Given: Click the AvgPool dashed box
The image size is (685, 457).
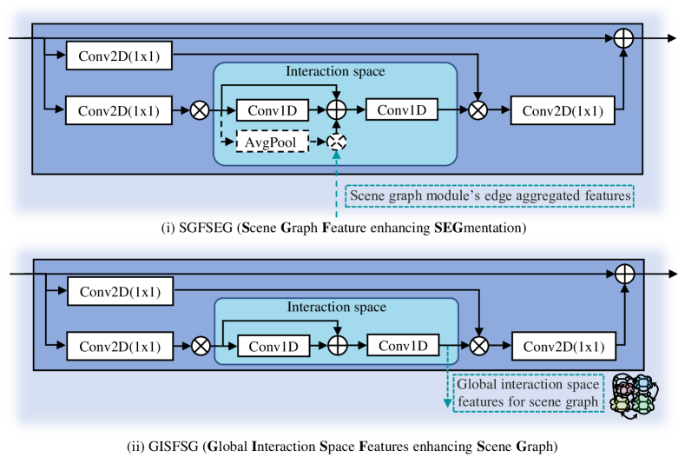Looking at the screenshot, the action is click(x=272, y=142).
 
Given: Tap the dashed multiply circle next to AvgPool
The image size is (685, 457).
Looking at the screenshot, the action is click(x=336, y=142).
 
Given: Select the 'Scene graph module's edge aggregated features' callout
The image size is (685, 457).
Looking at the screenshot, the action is click(x=490, y=195).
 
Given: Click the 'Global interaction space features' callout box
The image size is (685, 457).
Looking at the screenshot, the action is click(x=529, y=393).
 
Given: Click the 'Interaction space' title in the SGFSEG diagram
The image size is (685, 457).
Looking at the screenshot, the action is click(x=335, y=71).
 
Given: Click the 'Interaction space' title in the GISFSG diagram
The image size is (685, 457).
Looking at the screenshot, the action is click(x=336, y=307).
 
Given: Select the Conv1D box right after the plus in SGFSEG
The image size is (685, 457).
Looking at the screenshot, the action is click(x=401, y=109).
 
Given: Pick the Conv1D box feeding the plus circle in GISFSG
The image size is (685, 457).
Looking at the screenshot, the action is click(x=273, y=347).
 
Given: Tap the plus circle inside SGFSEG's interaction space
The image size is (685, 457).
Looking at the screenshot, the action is click(x=336, y=109).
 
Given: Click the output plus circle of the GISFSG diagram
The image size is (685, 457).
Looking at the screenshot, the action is click(x=625, y=275).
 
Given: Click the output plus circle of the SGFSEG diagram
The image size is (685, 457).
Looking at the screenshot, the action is click(x=623, y=38).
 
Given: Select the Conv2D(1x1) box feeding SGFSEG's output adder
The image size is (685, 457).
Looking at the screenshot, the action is click(x=563, y=110).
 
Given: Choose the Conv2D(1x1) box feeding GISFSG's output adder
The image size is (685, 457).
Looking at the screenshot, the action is click(x=564, y=347).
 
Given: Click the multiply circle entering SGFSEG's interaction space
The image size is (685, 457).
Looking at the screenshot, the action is click(x=200, y=110).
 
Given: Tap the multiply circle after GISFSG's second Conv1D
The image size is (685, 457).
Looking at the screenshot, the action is click(x=479, y=347).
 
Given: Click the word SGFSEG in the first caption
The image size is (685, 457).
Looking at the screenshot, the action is click(x=206, y=228).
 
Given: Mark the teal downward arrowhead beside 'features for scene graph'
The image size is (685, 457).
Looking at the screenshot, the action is click(x=448, y=403).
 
